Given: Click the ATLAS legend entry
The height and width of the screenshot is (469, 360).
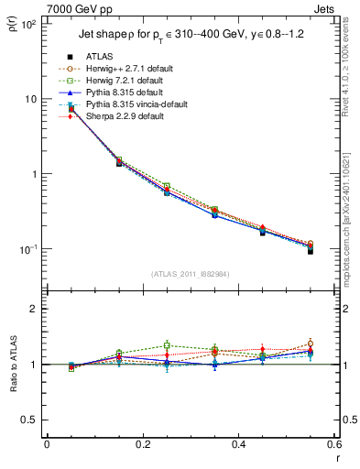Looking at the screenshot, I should pos(99,56).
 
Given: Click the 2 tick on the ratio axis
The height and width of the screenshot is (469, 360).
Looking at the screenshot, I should pos(33,309).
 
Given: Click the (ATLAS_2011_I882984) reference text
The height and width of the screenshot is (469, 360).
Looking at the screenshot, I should pos(190,274).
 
